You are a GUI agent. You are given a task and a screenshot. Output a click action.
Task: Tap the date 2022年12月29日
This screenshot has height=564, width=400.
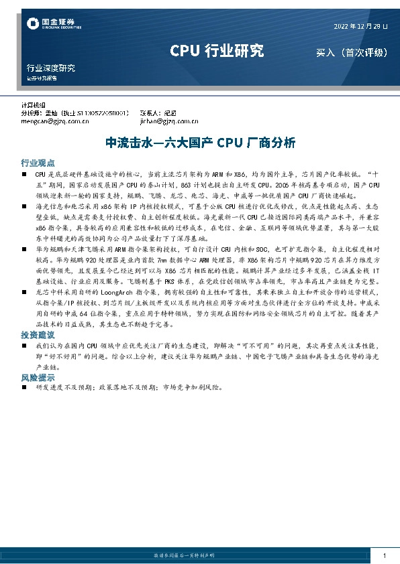tap(360, 26)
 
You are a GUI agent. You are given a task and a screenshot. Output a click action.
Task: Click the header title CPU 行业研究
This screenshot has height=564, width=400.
tap(216, 51)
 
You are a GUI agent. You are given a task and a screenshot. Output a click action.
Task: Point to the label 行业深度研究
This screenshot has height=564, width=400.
tap(51, 68)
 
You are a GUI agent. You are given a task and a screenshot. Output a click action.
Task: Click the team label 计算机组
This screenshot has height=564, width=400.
tap(34, 106)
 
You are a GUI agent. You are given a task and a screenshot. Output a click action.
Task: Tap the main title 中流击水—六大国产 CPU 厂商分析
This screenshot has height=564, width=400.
tap(201, 143)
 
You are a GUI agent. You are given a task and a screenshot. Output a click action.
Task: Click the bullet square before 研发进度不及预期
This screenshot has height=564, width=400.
tap(24, 387)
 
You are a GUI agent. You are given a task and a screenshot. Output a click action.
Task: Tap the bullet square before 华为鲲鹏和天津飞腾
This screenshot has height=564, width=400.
tap(24, 247)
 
